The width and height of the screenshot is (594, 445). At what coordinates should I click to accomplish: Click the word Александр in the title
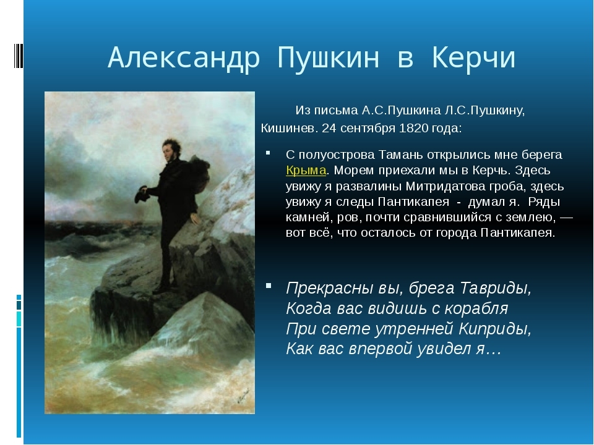pos(184,58)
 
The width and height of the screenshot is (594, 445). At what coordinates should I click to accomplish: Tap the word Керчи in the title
pos(473,57)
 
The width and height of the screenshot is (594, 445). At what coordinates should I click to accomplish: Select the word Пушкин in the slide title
pos(328,58)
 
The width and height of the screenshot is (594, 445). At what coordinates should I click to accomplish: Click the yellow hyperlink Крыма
pos(306,171)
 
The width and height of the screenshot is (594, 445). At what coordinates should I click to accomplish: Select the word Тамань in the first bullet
pos(401,155)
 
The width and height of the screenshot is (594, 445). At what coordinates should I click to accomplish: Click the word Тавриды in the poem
pos(496,289)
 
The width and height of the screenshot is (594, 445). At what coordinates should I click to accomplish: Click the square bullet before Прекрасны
pos(269,286)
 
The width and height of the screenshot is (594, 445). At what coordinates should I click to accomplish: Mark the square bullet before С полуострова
pos(268,153)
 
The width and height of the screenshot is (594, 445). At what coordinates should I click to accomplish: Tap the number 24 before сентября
pos(329,129)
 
